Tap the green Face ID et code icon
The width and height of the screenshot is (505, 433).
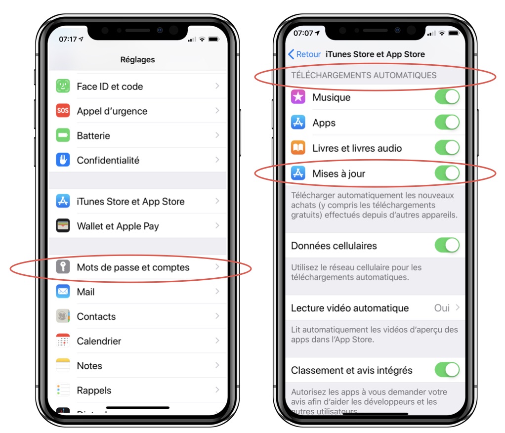63,86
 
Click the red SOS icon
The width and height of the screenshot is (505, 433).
63,111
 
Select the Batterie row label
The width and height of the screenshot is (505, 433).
93,135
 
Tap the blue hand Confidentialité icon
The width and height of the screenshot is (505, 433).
63,160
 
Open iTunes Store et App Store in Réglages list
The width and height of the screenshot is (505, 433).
130,201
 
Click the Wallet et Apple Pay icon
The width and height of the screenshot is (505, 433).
63,226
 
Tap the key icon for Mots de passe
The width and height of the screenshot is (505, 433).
63,267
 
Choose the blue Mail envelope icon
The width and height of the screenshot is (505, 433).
63,292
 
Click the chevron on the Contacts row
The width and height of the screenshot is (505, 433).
217,316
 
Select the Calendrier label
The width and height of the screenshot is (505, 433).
99,341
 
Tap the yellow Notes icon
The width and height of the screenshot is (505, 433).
63,366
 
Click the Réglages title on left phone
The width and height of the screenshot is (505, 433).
137,59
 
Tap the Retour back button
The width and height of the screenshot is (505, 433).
304,54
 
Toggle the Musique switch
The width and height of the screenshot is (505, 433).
447,97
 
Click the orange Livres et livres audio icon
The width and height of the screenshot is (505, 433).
298,148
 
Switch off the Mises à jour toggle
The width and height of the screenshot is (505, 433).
447,173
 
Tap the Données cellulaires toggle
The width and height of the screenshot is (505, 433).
447,245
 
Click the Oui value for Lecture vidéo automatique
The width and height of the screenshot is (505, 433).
442,308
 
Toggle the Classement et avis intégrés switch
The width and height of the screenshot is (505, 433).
447,370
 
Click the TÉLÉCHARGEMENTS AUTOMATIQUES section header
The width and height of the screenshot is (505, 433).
364,76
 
